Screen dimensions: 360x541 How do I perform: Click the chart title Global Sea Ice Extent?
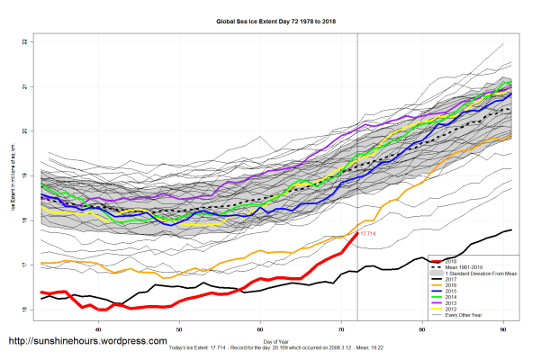271,20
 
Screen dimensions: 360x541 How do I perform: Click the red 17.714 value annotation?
367,233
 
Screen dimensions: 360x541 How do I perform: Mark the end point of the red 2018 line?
357,232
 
